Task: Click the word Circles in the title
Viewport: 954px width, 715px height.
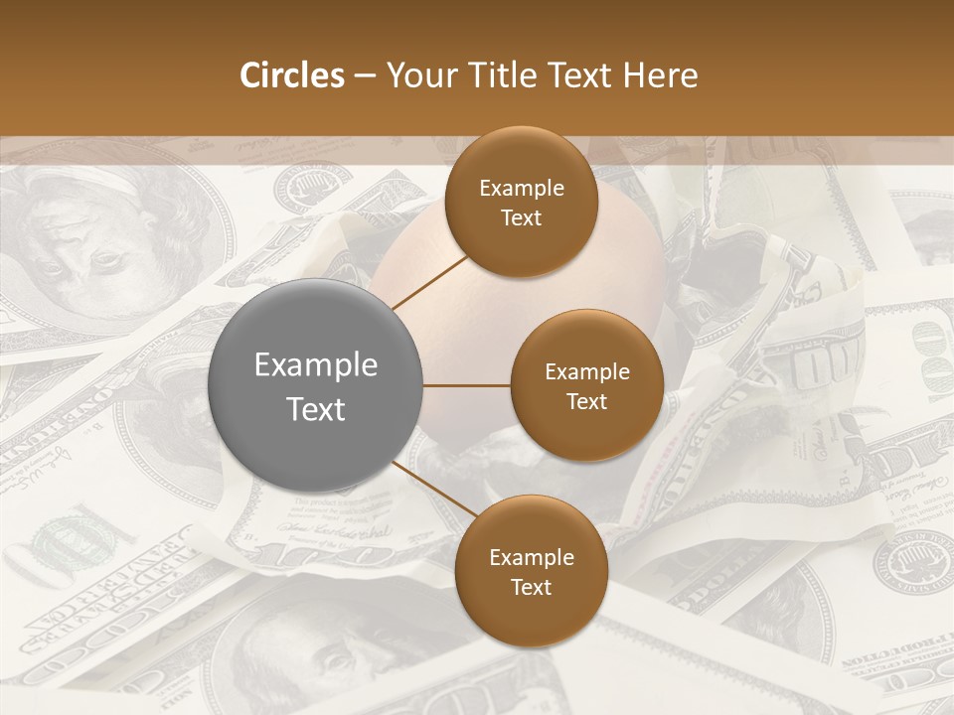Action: (x=291, y=75)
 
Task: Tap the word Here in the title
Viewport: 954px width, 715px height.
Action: (x=660, y=75)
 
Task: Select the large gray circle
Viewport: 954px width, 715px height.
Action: (x=315, y=385)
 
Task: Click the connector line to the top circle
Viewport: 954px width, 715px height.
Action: (x=431, y=282)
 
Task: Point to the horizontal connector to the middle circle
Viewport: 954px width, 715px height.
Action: (x=466, y=385)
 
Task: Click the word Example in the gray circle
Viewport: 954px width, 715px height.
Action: (x=315, y=365)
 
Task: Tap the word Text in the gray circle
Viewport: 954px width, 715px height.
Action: (x=315, y=409)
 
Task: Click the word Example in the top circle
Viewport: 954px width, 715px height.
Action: (x=521, y=189)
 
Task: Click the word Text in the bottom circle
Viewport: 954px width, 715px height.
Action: (x=531, y=587)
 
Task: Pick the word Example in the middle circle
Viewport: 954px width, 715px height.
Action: (x=586, y=372)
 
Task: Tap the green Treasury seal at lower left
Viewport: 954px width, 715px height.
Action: (x=70, y=541)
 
